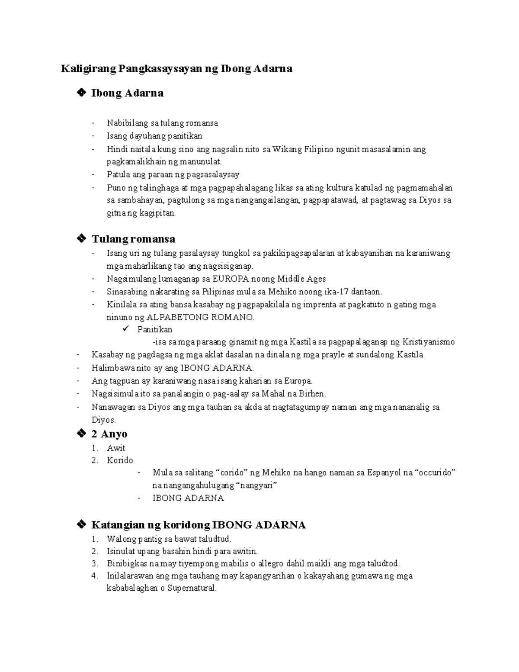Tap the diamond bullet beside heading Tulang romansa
click(80, 238)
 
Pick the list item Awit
click(116, 448)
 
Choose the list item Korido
click(120, 460)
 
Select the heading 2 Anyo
click(109, 434)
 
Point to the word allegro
click(282, 564)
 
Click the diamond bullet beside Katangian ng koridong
click(80, 525)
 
